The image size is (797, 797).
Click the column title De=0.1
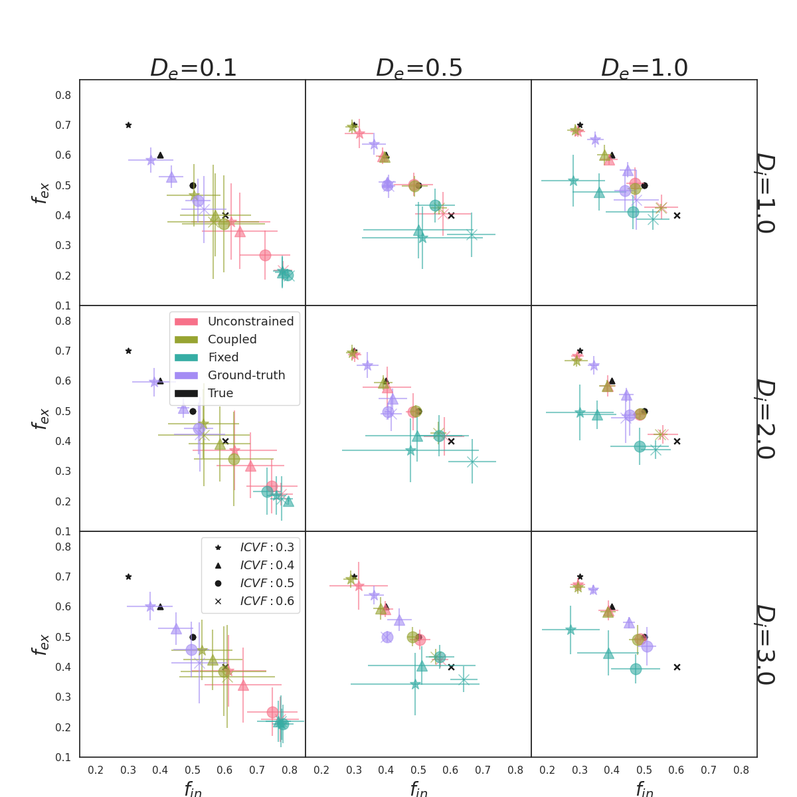pyautogui.click(x=193, y=68)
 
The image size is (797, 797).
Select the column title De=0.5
pyautogui.click(x=419, y=68)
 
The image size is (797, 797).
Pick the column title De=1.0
pyautogui.click(x=644, y=68)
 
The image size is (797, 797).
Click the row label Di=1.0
pyautogui.click(x=765, y=193)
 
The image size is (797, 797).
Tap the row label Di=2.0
pyautogui.click(x=765, y=418)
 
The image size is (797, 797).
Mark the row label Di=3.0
pyautogui.click(x=765, y=644)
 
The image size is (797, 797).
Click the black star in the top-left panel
pyautogui.click(x=128, y=125)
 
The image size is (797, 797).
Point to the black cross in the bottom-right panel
pyautogui.click(x=677, y=667)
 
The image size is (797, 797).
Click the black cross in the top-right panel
pyautogui.click(x=677, y=215)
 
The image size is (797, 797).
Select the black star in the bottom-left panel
pyautogui.click(x=128, y=576)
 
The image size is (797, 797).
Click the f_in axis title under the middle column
pyautogui.click(x=418, y=789)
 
